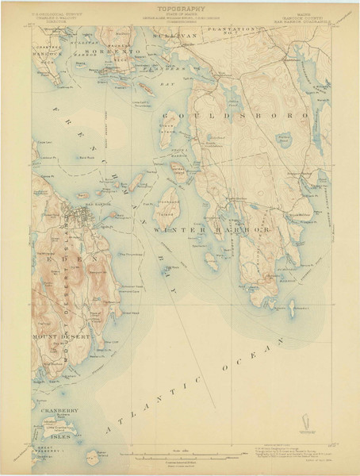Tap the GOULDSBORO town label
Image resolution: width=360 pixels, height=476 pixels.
247,114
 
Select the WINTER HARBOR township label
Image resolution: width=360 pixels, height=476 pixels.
212,229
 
